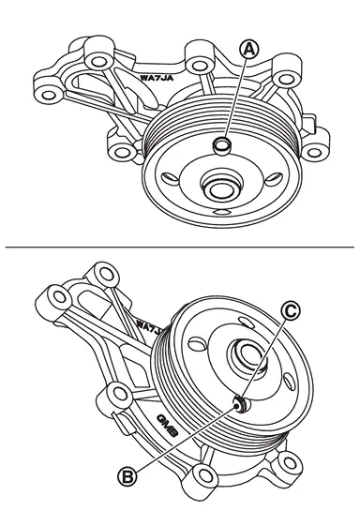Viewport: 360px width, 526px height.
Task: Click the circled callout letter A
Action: point(249,50)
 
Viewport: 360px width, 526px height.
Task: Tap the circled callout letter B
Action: point(127,476)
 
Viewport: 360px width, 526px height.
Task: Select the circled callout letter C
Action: point(291,311)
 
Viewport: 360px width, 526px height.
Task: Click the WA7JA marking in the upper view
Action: point(157,78)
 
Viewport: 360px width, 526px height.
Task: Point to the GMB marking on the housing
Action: point(167,426)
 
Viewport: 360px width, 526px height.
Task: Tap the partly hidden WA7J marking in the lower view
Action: point(150,328)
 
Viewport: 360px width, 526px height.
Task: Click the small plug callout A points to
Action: point(222,146)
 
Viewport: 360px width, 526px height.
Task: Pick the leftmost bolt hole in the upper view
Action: point(49,95)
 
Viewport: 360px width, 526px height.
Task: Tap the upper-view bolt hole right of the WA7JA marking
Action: point(199,66)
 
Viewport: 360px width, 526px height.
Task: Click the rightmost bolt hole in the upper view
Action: point(314,153)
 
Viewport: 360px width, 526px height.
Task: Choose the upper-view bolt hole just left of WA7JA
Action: point(97,62)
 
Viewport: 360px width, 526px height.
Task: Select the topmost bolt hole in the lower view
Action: point(107,274)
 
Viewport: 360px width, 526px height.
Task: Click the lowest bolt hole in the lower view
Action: point(203,475)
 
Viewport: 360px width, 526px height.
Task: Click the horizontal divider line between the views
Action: point(180,247)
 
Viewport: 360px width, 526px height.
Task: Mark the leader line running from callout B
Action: point(186,439)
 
